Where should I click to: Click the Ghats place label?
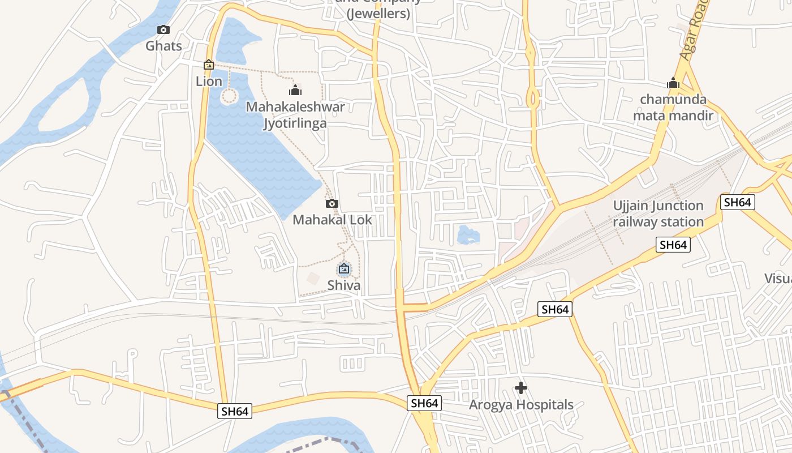tap(163, 46)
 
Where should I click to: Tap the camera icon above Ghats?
tap(163, 29)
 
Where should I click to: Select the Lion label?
tap(209, 81)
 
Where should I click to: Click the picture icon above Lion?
tap(209, 65)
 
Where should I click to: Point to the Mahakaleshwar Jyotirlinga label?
tap(295, 115)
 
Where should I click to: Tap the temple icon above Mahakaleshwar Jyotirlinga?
tap(295, 90)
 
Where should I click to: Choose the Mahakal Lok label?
tap(332, 219)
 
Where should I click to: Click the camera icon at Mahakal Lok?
tap(332, 203)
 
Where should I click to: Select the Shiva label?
tap(343, 285)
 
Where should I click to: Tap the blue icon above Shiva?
tap(343, 268)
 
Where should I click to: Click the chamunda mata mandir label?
tap(673, 108)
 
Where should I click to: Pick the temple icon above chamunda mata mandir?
tap(673, 83)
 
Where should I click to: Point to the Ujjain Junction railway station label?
tap(658, 213)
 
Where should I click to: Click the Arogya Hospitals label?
tap(521, 405)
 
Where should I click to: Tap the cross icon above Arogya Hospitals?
tap(521, 388)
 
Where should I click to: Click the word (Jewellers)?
tap(378, 14)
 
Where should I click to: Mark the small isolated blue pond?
tap(468, 234)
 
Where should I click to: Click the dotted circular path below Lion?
tap(229, 96)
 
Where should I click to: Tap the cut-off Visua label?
tap(777, 278)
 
